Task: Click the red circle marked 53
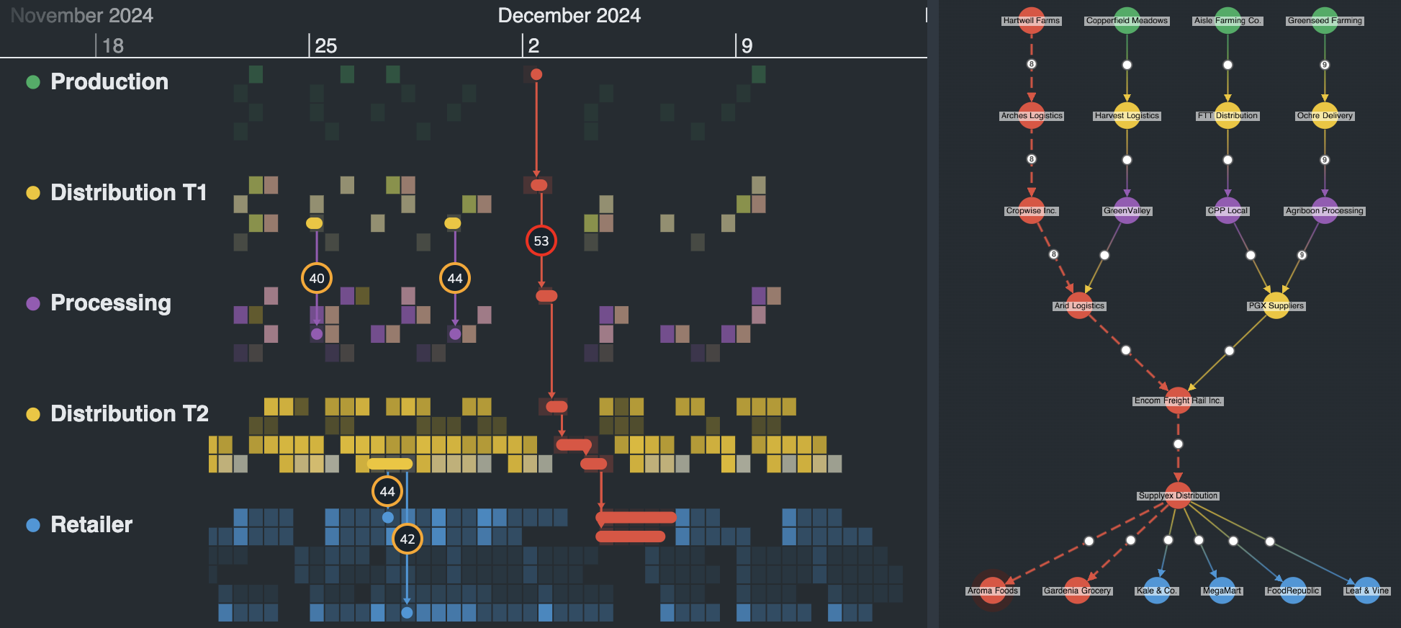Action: pos(541,241)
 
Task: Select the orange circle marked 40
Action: pos(317,278)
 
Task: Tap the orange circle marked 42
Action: pos(407,539)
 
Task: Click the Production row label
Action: pos(109,82)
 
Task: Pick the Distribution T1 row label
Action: pos(128,193)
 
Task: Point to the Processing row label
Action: pos(110,303)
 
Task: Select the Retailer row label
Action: pos(91,525)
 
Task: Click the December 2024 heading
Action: pos(569,16)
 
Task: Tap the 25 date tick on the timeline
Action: pos(325,46)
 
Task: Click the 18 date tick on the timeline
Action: pos(112,46)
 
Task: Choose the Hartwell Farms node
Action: pos(1032,20)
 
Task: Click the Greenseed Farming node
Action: pos(1325,20)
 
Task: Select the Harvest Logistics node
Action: pos(1127,115)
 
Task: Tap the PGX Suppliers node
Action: pos(1276,305)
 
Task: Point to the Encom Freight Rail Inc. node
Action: pos(1178,400)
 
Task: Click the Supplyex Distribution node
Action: pos(1178,495)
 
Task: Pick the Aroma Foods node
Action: pos(993,591)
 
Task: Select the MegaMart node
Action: pos(1222,591)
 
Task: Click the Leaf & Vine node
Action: pos(1366,591)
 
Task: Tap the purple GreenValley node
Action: pos(1127,210)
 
